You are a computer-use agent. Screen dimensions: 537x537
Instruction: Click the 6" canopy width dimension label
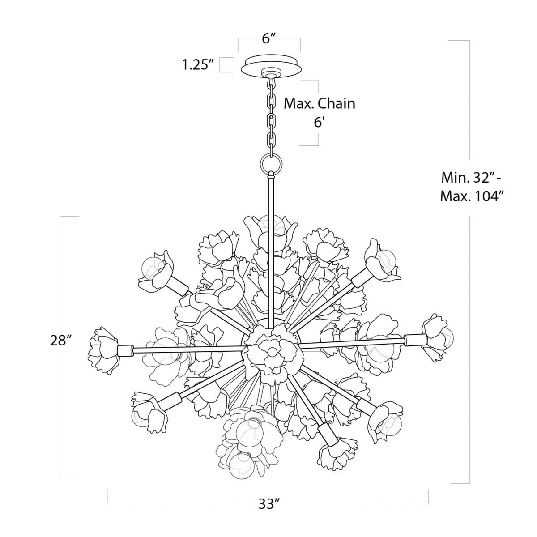pyautogui.click(x=268, y=38)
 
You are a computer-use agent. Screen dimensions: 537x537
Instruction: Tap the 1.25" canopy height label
pyautogui.click(x=196, y=65)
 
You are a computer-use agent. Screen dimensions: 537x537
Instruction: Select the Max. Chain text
pyautogui.click(x=320, y=103)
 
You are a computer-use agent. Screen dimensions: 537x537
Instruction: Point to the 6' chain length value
pyautogui.click(x=318, y=122)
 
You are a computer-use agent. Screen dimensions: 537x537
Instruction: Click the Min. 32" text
pyautogui.click(x=471, y=178)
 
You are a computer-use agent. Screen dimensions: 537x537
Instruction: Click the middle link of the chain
pyautogui.click(x=271, y=120)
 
